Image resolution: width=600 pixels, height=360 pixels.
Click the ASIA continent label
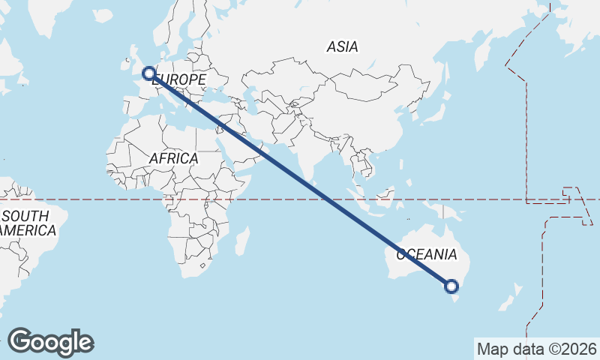(342, 46)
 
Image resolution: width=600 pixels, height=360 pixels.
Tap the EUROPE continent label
(179, 79)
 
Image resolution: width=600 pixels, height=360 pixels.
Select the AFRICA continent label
(173, 158)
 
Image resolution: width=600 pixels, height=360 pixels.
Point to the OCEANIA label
(426, 254)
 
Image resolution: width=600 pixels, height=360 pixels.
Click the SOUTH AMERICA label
(28, 223)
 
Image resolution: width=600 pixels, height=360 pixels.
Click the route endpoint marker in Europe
(148, 73)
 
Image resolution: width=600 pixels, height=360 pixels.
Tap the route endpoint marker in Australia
(451, 286)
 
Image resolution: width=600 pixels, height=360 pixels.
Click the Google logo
(50, 342)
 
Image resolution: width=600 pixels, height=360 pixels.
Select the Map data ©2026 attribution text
(537, 349)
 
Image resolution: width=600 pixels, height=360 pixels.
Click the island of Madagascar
(241, 241)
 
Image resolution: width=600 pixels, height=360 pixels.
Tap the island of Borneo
(385, 196)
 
